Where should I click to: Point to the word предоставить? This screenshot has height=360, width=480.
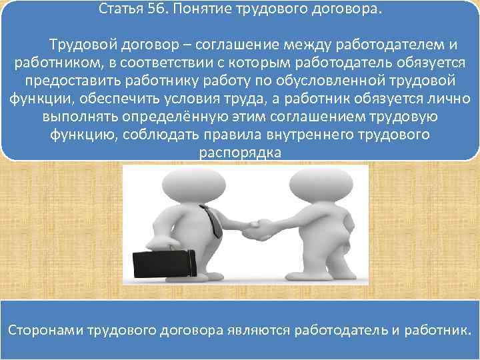pyautogui.click(x=72, y=81)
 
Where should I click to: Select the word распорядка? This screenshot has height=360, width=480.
pyautogui.click(x=240, y=153)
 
